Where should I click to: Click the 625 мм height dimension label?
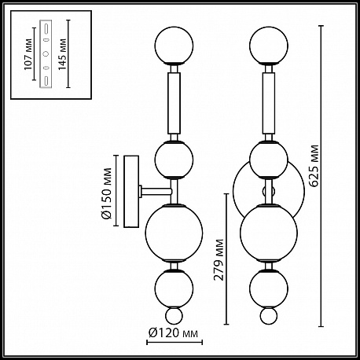click(314, 166)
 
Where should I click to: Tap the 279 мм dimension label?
click(219, 259)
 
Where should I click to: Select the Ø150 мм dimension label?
click(106, 193)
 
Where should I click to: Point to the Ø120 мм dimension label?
click(173, 332)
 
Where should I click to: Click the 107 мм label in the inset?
click(28, 54)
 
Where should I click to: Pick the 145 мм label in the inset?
click(62, 54)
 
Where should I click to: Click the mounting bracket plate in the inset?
click(46, 53)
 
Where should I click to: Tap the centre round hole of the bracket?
click(46, 53)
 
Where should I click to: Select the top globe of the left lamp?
click(174, 45)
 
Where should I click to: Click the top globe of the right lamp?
click(269, 45)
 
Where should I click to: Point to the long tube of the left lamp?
click(174, 103)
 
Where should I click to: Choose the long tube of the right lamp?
click(269, 103)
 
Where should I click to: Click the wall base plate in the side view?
click(131, 191)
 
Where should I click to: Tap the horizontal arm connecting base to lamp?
click(156, 191)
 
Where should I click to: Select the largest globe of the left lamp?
click(174, 233)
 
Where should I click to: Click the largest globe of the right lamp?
click(269, 233)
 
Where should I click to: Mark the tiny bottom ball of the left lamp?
click(174, 316)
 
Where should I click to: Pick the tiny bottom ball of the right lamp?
click(269, 316)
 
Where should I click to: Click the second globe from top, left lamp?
click(174, 160)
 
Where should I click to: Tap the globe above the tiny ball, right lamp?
click(269, 288)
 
